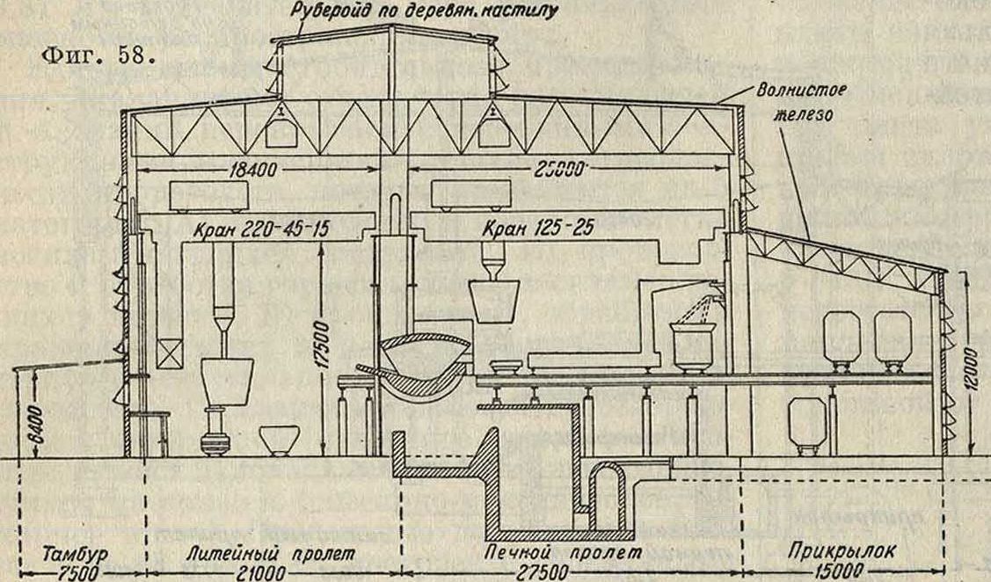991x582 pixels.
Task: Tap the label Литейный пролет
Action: click(271, 555)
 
